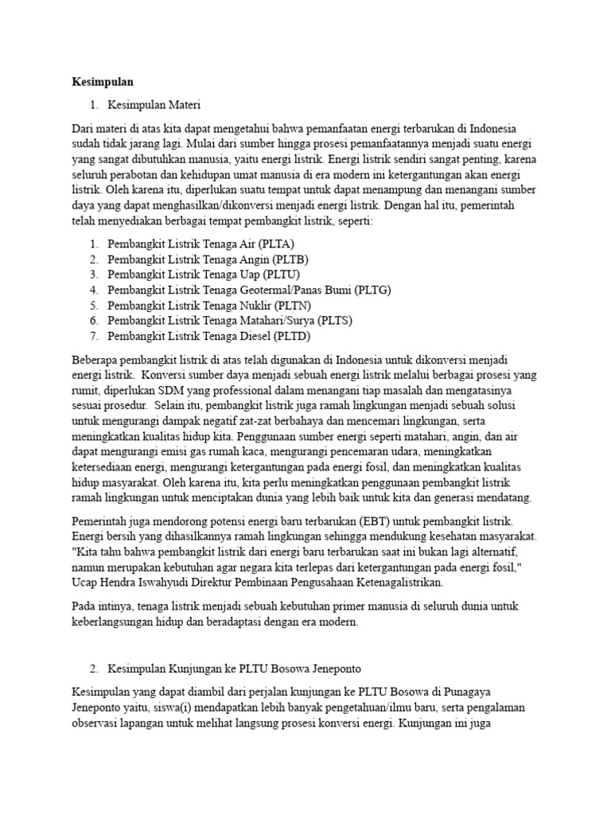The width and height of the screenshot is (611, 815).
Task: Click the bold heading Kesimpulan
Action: point(103,82)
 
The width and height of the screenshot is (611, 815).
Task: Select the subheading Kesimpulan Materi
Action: point(154,104)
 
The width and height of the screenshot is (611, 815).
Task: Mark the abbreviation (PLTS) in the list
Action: point(335,320)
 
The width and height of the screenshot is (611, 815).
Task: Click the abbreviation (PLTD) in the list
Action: point(293,335)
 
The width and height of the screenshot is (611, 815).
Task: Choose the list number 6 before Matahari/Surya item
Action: point(93,320)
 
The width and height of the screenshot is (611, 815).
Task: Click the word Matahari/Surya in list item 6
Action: point(276,320)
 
